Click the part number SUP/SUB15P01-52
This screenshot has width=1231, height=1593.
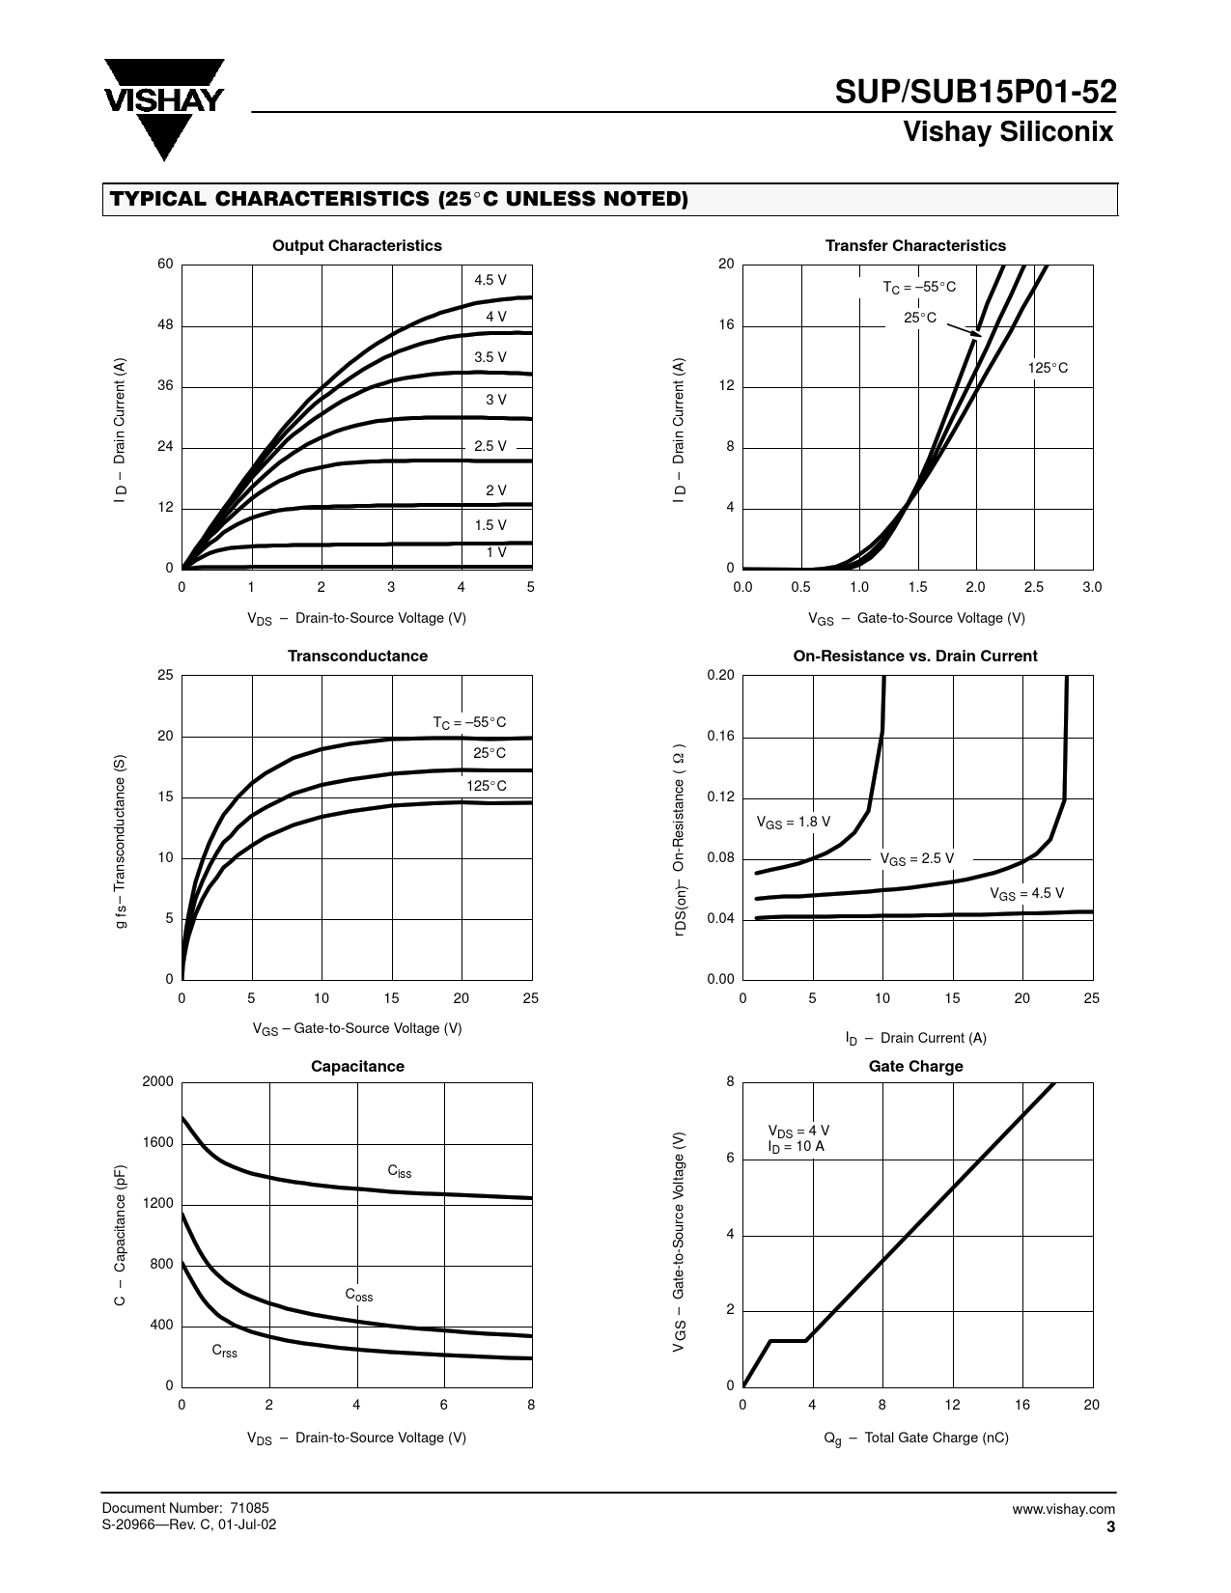pyautogui.click(x=975, y=93)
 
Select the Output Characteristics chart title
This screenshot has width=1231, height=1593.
pyautogui.click(x=356, y=245)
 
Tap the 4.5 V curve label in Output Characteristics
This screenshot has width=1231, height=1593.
pyautogui.click(x=490, y=280)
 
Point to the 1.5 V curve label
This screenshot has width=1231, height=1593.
pyautogui.click(x=490, y=525)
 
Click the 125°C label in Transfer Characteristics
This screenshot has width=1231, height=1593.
pyautogui.click(x=1048, y=368)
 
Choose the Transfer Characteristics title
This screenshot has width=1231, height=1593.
pyautogui.click(x=914, y=245)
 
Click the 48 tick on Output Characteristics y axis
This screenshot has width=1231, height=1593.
pyautogui.click(x=165, y=325)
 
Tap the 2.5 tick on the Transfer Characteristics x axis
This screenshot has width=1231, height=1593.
pyautogui.click(x=1033, y=587)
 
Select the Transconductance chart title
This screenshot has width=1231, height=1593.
pyautogui.click(x=357, y=656)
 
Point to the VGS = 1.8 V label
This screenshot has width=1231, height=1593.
pyautogui.click(x=793, y=823)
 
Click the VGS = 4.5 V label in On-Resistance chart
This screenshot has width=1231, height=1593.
pyautogui.click(x=1026, y=894)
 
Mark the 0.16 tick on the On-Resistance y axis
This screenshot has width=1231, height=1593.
pyautogui.click(x=720, y=737)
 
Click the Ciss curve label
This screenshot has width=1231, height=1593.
pyautogui.click(x=399, y=1171)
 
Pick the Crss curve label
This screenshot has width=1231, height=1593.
pyautogui.click(x=224, y=1352)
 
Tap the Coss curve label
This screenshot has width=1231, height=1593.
pyautogui.click(x=358, y=1295)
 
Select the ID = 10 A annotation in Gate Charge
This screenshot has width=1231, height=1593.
pyautogui.click(x=796, y=1147)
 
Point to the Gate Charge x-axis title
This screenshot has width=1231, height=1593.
pyautogui.click(x=915, y=1438)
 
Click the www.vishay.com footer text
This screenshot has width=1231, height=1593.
pyautogui.click(x=1063, y=1509)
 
